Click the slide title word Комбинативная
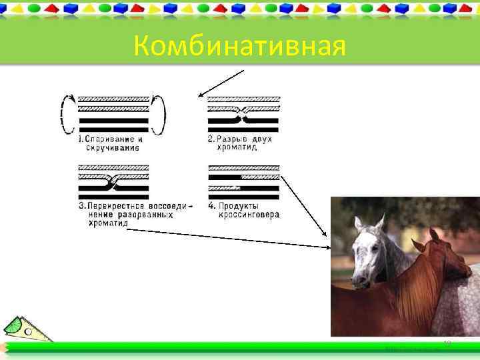(x=239, y=46)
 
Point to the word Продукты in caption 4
(x=241, y=206)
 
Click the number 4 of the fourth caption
(x=211, y=206)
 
